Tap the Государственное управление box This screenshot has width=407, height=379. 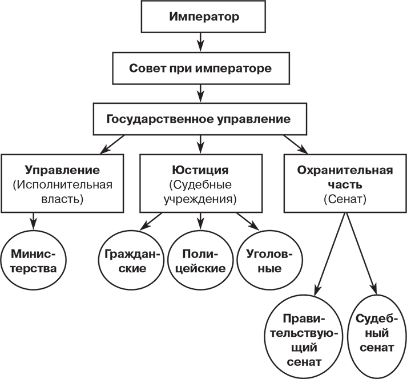click(x=199, y=119)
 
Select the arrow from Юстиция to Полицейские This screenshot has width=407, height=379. click(x=200, y=220)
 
